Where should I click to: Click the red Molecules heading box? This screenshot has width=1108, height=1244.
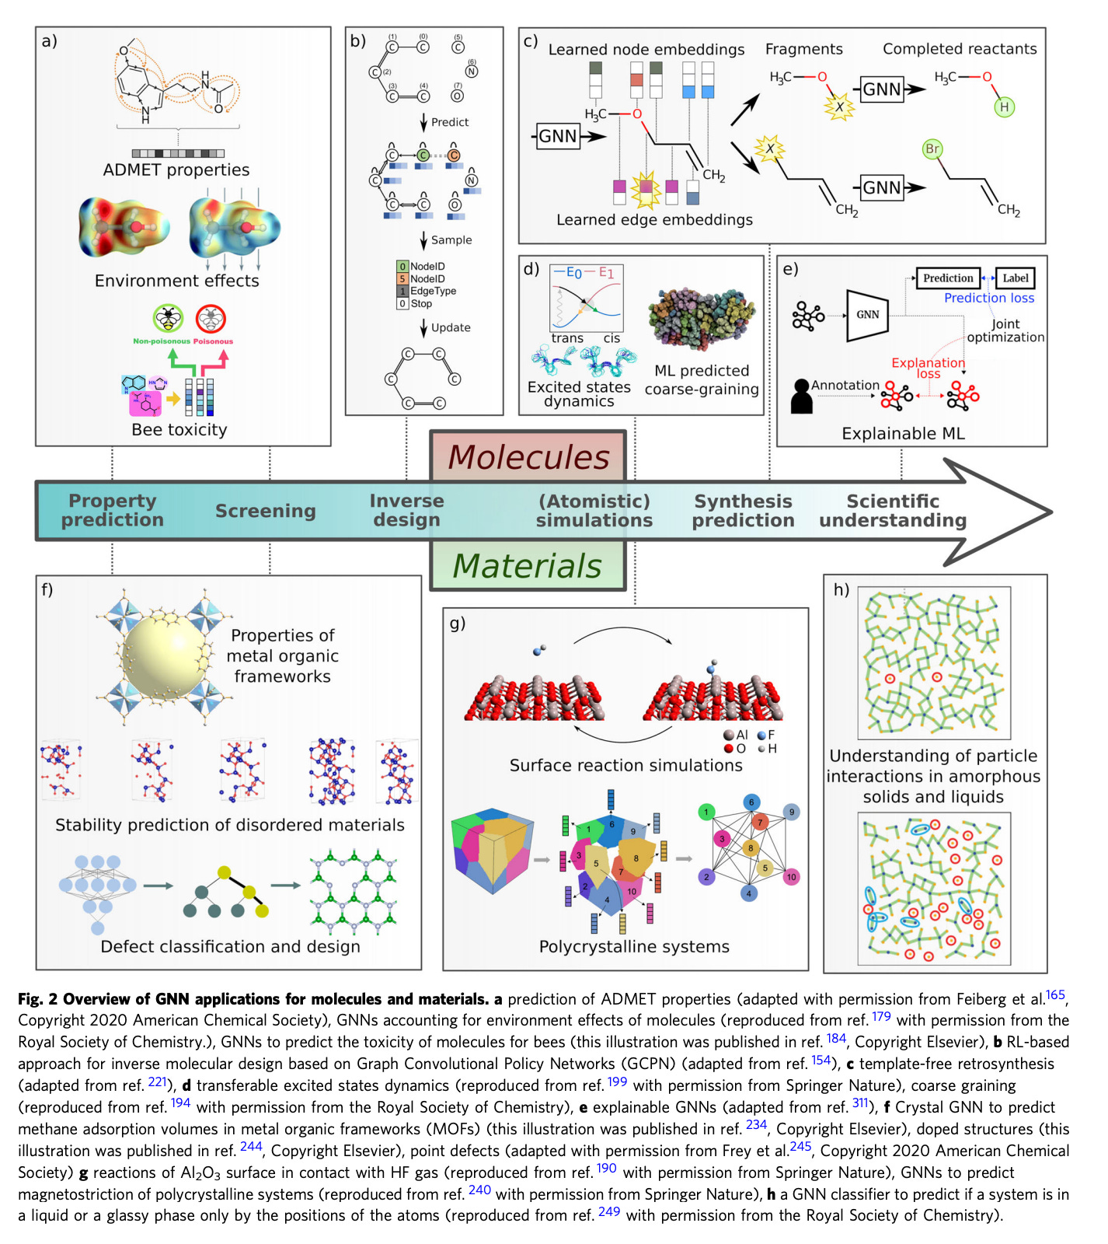pos(528,457)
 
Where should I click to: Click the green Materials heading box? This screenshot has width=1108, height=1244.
pos(528,565)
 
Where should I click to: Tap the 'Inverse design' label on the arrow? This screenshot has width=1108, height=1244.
pos(406,510)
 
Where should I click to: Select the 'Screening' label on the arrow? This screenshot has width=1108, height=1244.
pos(266,511)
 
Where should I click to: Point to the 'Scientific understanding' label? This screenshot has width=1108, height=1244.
pos(893,511)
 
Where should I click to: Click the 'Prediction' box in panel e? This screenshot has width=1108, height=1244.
pos(947,278)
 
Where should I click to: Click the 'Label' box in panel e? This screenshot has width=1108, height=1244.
pos(1015,278)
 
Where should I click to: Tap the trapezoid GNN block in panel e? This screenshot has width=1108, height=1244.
pos(867,315)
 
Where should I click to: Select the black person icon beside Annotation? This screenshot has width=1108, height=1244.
pos(801,395)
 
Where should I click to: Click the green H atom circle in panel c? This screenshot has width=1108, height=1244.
pos(1004,107)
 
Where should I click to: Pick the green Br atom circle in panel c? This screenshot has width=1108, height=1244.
pos(932,149)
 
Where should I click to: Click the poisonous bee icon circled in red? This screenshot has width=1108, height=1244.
pos(211,319)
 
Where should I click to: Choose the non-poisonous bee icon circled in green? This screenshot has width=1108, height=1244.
pos(168,318)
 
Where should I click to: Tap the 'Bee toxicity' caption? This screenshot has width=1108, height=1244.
pos(179,429)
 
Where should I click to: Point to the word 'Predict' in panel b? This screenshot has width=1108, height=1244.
pos(450,122)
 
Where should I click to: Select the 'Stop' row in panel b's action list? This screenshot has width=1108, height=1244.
pos(420,304)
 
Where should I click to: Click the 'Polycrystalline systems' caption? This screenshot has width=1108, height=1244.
pos(634,946)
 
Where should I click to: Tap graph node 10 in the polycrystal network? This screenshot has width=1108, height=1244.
pos(791,877)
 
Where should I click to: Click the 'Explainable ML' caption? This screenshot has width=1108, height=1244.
pos(903,433)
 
